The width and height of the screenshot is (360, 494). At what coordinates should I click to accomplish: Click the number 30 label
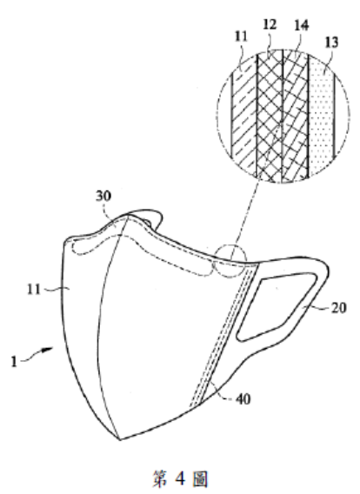(x=103, y=196)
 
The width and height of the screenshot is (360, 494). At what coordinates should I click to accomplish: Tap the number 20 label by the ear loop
(x=339, y=308)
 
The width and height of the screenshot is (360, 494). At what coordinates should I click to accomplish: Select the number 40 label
(x=243, y=399)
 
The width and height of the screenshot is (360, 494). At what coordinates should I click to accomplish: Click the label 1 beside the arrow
(x=14, y=361)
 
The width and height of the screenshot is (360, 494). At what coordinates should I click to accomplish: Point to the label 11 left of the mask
(x=34, y=289)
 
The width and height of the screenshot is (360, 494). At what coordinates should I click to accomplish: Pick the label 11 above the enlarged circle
(x=241, y=37)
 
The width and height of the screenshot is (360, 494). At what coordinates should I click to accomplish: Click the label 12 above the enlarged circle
(x=270, y=24)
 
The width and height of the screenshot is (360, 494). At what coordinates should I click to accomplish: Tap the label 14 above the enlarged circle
(x=302, y=25)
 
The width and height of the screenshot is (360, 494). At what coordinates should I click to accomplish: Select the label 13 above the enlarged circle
(x=331, y=43)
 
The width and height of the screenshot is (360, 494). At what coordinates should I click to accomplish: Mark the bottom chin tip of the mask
(x=120, y=439)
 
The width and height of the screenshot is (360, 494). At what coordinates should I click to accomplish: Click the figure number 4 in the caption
(x=180, y=478)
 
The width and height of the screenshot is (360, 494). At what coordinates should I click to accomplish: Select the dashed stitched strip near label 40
(x=223, y=335)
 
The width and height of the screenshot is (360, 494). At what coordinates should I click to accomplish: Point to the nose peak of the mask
(x=128, y=216)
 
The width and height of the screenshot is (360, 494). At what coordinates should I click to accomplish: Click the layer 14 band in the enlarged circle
(x=295, y=116)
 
